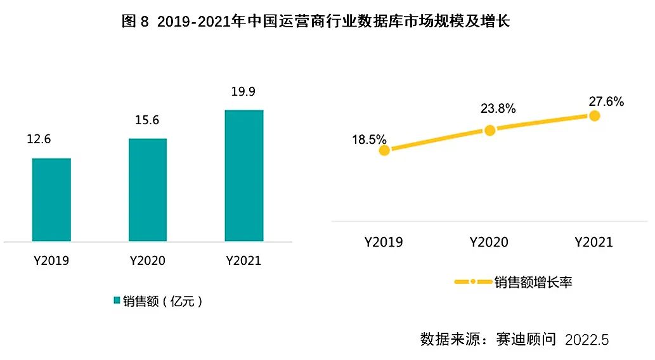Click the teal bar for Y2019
(51, 200)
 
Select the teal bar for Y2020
(148, 190)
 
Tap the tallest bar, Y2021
(244, 176)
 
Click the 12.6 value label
(39, 139)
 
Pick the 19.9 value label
(243, 92)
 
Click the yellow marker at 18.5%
(384, 150)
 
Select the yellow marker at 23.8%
(490, 130)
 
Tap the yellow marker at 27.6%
(594, 115)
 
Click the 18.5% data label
(370, 139)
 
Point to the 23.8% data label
(498, 108)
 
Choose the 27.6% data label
(606, 101)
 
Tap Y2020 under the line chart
(489, 242)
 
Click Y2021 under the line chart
(593, 242)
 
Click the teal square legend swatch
(117, 300)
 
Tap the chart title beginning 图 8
(316, 22)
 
